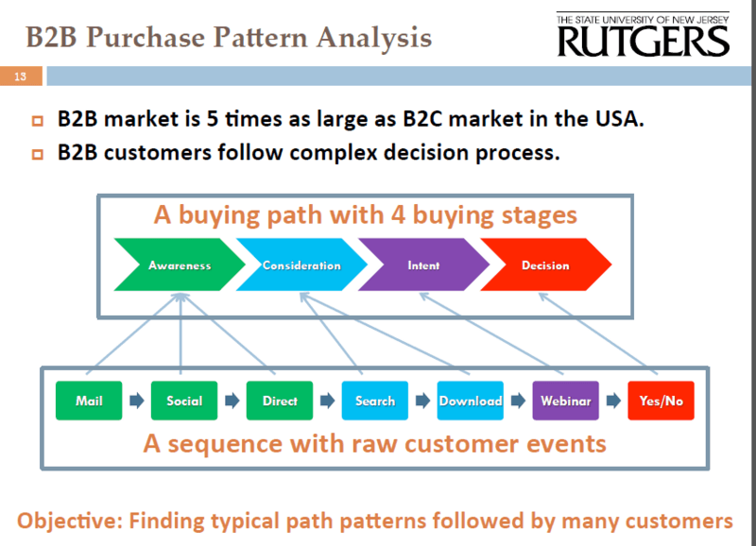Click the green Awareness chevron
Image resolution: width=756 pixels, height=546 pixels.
point(180,264)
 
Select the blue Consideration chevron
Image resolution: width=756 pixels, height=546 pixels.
point(301,264)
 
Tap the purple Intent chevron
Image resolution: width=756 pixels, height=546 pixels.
point(423,264)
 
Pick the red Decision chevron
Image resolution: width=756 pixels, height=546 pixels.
point(545,264)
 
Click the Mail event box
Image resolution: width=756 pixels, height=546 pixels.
point(89,401)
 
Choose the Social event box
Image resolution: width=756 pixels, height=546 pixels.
point(184,401)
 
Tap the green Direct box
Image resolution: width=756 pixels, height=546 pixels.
point(280,401)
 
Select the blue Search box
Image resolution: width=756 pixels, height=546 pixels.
point(374,401)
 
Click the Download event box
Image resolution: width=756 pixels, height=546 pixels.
point(470,401)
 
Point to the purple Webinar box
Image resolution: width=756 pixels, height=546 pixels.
point(565,401)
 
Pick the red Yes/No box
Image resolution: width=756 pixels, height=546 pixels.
point(661,401)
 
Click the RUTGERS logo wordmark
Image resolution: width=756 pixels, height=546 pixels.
point(644,42)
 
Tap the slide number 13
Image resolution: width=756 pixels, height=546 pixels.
point(20,77)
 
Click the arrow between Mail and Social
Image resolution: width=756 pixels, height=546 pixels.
point(136,400)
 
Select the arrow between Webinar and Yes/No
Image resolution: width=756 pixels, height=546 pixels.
point(613,400)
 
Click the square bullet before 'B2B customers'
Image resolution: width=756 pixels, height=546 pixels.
point(37,154)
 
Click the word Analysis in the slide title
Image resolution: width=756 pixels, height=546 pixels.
point(373,38)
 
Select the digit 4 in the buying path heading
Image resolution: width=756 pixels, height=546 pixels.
point(398,215)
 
